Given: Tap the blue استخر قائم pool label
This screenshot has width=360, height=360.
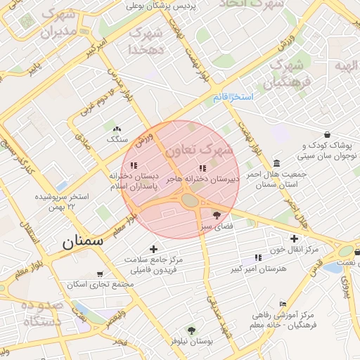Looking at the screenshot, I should (233, 97).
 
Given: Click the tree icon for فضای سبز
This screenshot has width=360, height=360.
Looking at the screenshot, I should (216, 216).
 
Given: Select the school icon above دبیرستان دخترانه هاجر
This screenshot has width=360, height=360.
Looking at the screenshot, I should (202, 168).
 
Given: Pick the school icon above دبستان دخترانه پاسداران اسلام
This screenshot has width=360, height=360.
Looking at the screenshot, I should (134, 166).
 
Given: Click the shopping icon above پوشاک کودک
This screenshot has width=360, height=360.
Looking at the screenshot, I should (327, 134).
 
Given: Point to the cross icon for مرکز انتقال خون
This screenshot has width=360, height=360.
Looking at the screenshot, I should (294, 239).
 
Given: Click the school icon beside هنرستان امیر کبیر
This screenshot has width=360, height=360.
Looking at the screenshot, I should (257, 257).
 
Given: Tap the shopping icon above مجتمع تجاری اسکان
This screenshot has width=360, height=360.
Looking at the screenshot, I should (99, 274).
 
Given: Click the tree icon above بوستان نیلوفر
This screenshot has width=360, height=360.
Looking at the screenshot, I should (191, 329).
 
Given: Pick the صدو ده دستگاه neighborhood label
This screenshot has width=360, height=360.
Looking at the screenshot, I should (41, 312).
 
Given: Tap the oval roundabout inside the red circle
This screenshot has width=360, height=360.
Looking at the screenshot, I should (190, 200).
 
